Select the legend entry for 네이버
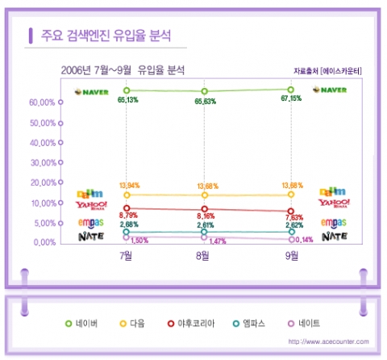point(81,323)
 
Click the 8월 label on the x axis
point(204,256)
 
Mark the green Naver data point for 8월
point(205,91)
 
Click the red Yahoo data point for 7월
point(127,208)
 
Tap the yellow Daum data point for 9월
point(291,195)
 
